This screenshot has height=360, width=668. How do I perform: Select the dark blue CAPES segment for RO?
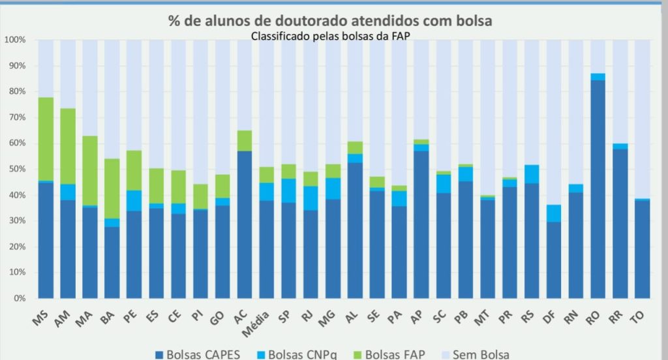pyautogui.click(x=598, y=189)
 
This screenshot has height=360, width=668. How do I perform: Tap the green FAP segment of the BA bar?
pyautogui.click(x=112, y=188)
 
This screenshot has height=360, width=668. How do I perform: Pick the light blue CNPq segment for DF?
pyautogui.click(x=553, y=213)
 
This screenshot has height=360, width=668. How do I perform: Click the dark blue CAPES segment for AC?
pyautogui.click(x=245, y=224)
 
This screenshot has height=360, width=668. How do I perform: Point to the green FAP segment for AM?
pyautogui.click(x=68, y=146)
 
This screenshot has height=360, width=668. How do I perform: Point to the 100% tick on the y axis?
pyautogui.click(x=15, y=40)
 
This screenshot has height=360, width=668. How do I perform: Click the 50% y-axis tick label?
pyautogui.click(x=16, y=169)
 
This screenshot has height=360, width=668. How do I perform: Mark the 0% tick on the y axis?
pyautogui.click(x=19, y=299)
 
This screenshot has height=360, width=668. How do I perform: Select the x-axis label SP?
pyautogui.click(x=286, y=317)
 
